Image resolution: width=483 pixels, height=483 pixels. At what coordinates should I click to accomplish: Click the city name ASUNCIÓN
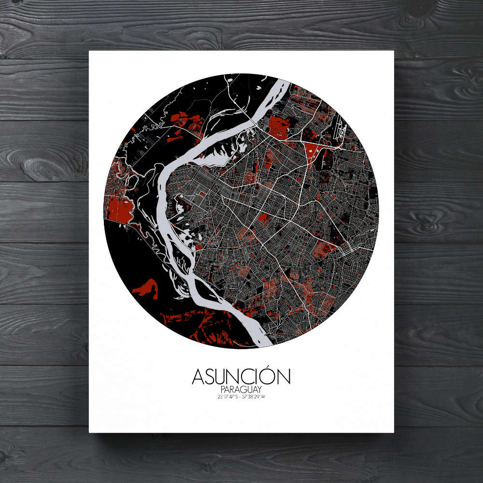[241, 376]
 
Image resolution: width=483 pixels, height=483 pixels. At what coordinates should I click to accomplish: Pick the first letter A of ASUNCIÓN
[199, 377]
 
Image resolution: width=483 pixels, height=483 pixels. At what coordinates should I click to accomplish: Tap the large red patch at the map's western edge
[119, 209]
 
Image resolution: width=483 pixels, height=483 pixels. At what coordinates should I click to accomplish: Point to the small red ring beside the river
[198, 247]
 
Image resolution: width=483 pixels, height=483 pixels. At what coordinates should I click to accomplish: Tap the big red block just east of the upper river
[278, 127]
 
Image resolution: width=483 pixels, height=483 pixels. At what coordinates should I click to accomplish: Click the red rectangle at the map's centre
[264, 217]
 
